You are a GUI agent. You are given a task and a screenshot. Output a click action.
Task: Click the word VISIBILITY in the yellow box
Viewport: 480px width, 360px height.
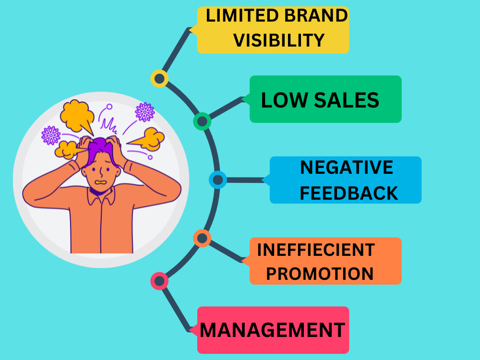[x=278, y=40]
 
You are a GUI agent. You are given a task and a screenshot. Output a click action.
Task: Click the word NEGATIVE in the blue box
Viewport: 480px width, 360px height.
[x=347, y=168]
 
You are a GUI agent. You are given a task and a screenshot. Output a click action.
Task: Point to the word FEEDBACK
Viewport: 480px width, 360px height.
[x=348, y=193]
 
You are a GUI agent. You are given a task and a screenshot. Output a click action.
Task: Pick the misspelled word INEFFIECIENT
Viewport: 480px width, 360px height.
[x=316, y=250]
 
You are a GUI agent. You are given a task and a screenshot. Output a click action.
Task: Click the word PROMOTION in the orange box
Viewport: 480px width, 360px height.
[x=320, y=274]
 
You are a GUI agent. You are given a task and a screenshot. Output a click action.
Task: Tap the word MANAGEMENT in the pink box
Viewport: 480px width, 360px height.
[x=272, y=330]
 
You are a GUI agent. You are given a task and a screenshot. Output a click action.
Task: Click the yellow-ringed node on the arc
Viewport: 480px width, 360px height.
[x=159, y=79]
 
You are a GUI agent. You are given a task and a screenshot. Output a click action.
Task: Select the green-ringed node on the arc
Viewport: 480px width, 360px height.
[x=202, y=121]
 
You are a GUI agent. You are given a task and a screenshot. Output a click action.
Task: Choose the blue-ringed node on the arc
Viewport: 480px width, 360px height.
[x=217, y=180]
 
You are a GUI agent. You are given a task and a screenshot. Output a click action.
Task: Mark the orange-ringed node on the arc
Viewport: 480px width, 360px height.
[x=202, y=238]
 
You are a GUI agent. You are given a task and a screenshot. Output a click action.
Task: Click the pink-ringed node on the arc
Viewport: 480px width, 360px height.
[x=159, y=281]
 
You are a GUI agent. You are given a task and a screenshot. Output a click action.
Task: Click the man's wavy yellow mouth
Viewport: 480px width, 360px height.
[x=101, y=182]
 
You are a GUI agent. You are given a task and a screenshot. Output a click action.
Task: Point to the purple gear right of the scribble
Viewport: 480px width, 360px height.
[x=145, y=112]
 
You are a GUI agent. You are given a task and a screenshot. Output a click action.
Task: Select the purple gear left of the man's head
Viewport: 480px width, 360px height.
[x=51, y=135]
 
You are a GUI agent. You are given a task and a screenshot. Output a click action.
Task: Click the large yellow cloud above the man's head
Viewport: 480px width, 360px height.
[x=76, y=116]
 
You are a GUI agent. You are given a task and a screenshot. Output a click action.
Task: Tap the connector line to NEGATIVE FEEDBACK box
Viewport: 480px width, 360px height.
[x=245, y=180]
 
